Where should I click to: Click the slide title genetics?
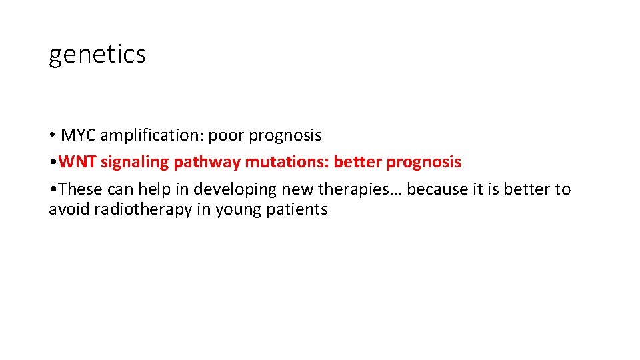pos(97,55)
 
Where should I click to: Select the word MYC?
pos(77,135)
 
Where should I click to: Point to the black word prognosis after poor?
pos(285,136)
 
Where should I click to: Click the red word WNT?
pos(77,162)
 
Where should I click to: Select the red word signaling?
pos(135,163)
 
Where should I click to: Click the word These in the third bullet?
pos(78,189)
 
